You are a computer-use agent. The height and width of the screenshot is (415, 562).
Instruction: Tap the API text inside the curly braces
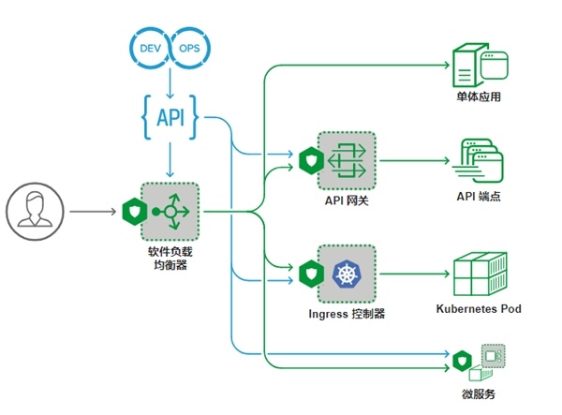pyautogui.click(x=170, y=117)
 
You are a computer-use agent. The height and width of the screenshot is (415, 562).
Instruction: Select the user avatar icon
pyautogui.click(x=35, y=212)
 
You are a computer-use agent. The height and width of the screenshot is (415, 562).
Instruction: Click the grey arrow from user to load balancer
pyautogui.click(x=93, y=212)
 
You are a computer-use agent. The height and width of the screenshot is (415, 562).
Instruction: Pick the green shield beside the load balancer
pyautogui.click(x=134, y=212)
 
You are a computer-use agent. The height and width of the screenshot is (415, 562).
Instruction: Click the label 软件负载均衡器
pyautogui.click(x=170, y=258)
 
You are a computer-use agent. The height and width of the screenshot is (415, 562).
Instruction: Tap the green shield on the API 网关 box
pyautogui.click(x=311, y=160)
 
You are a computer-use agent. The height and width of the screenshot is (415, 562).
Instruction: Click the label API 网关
pyautogui.click(x=347, y=200)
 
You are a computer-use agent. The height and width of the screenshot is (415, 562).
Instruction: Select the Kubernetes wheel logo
pyautogui.click(x=347, y=274)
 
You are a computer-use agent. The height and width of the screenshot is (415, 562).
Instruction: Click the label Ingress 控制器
pyautogui.click(x=347, y=314)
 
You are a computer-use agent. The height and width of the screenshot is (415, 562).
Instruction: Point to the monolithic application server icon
pyautogui.click(x=480, y=65)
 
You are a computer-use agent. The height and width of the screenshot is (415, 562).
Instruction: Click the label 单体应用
pyautogui.click(x=479, y=96)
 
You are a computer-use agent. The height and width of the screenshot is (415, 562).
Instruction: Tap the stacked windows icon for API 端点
pyautogui.click(x=478, y=160)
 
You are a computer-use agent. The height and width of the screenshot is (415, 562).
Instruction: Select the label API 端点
pyautogui.click(x=479, y=196)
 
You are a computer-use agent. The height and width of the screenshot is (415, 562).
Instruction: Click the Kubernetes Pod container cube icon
pyautogui.click(x=480, y=274)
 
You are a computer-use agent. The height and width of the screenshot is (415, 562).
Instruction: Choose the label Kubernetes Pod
pyautogui.click(x=479, y=308)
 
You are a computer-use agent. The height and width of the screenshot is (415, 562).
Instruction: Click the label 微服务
pyautogui.click(x=479, y=394)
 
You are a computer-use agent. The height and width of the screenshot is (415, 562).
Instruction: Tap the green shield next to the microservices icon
pyautogui.click(x=462, y=362)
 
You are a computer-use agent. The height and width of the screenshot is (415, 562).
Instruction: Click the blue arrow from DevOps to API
pyautogui.click(x=170, y=83)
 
